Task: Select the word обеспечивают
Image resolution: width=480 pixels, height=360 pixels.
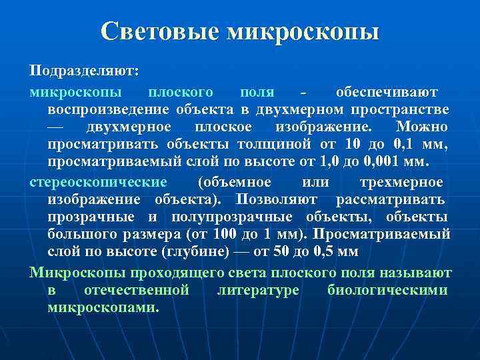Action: [x=387, y=91]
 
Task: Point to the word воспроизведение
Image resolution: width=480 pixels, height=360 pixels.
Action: [x=107, y=109]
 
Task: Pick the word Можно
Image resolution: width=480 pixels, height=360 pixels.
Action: [x=421, y=127]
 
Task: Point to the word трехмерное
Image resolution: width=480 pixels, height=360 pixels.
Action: [x=401, y=181]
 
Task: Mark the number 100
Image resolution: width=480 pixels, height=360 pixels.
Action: [x=227, y=235]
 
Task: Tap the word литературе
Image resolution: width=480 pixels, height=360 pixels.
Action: [x=258, y=290]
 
